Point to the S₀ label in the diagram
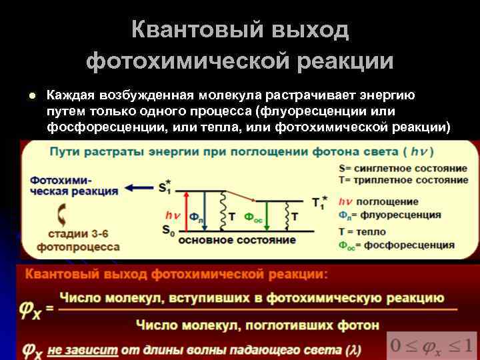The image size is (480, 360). click(x=168, y=230)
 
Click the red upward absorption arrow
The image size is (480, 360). click(x=184, y=211)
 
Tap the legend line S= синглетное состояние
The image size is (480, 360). click(x=403, y=169)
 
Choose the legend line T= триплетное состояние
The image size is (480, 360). click(x=403, y=180)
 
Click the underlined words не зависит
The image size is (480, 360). click(x=83, y=349)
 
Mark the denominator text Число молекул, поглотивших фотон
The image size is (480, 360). click(x=257, y=325)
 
